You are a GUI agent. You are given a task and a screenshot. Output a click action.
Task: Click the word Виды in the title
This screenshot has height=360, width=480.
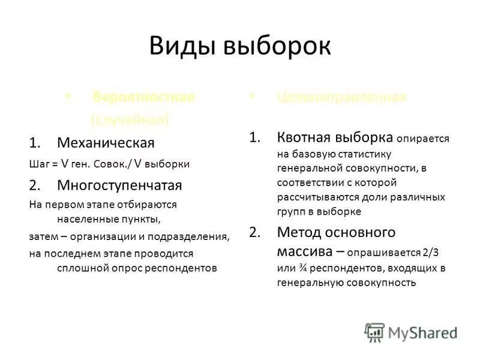pyautogui.click(x=184, y=46)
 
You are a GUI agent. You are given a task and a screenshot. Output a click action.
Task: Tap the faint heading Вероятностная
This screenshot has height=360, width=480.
pyautogui.click(x=144, y=98)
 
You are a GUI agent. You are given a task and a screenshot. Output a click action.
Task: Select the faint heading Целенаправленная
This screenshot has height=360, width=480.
pyautogui.click(x=341, y=97)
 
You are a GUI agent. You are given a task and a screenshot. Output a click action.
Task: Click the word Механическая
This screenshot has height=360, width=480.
pyautogui.click(x=106, y=143)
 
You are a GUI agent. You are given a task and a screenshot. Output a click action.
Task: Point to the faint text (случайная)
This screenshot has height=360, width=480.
pyautogui.click(x=130, y=120)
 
